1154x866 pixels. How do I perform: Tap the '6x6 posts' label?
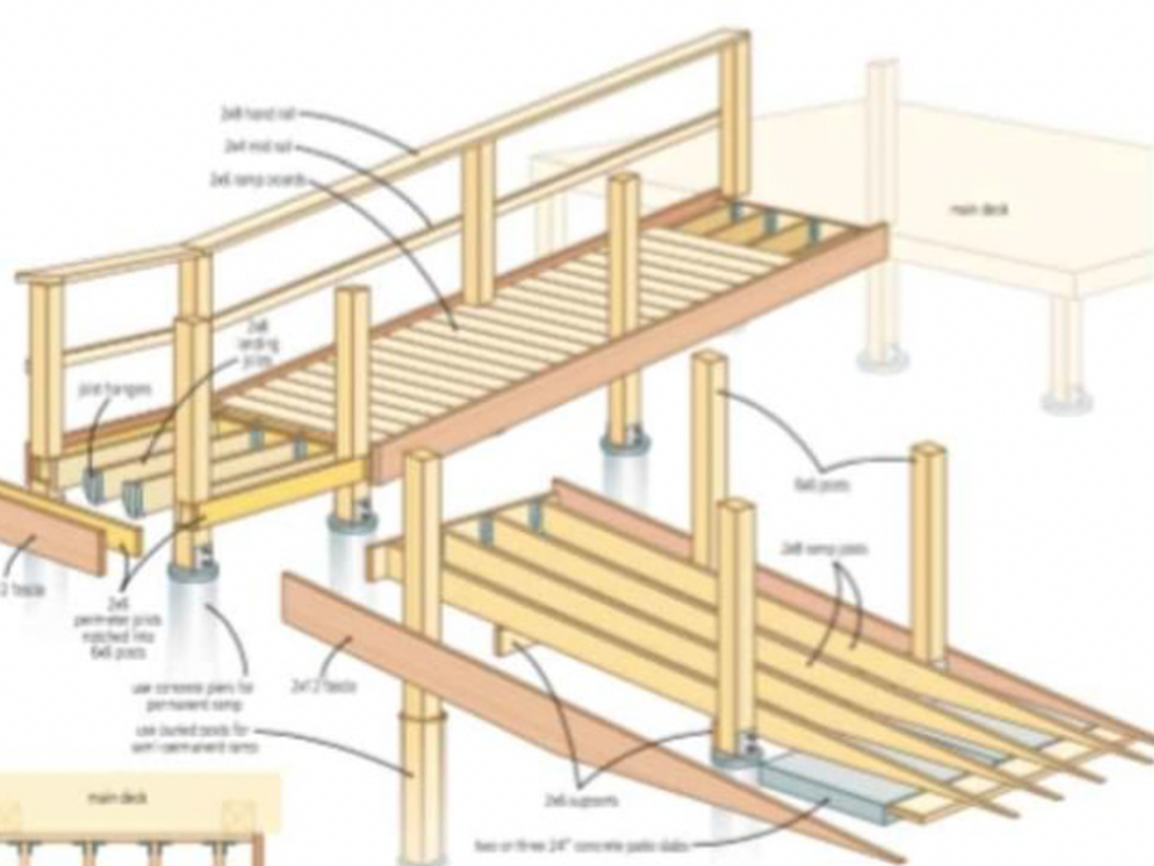click(x=822, y=486)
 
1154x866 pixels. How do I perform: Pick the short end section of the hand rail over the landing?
click(x=101, y=264)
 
